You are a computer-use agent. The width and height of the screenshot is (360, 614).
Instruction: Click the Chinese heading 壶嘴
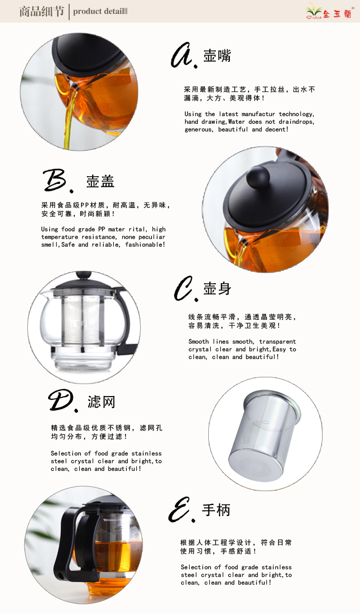tap(217, 56)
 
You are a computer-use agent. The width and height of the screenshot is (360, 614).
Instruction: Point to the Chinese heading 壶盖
tap(100, 181)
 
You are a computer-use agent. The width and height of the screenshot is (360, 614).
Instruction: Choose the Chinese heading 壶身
tap(217, 289)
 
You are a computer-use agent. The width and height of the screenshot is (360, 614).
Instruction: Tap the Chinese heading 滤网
tap(101, 402)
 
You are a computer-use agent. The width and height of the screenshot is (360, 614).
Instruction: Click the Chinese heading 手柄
tap(216, 510)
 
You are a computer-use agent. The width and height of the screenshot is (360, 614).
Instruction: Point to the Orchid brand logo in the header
tap(329, 12)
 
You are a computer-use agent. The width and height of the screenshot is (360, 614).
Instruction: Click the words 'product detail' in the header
tap(98, 12)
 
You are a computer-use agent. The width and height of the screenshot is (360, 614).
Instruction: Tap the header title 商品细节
tap(42, 12)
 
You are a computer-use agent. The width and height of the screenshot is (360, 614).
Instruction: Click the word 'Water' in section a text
tap(237, 122)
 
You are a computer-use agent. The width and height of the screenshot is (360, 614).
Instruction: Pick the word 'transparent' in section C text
tap(277, 342)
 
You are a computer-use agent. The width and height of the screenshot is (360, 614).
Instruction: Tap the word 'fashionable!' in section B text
tap(145, 244)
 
